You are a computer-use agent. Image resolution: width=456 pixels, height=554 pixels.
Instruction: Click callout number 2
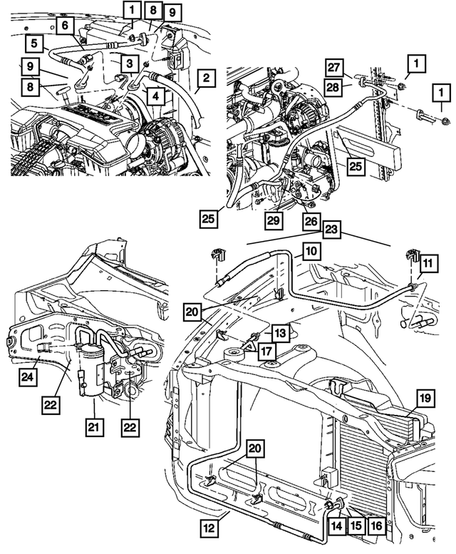[204, 77]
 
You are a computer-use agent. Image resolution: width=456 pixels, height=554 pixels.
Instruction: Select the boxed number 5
[33, 43]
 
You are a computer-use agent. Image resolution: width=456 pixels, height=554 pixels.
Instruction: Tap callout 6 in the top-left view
[65, 26]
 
